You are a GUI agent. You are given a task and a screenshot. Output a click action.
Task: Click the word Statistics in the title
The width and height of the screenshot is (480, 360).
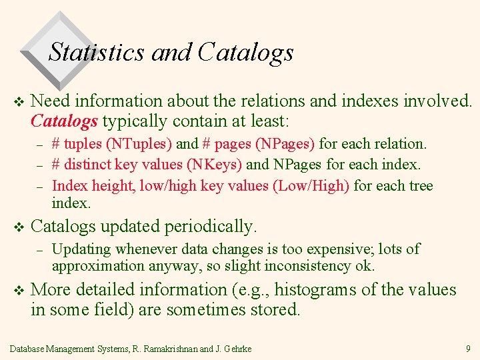pos(97,52)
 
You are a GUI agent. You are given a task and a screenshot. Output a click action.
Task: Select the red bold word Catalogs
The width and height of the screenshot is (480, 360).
pos(65,121)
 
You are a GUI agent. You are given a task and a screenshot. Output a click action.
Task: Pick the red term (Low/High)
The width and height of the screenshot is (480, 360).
pos(311,185)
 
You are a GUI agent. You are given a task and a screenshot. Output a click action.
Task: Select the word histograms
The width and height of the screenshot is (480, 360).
pos(323,290)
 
